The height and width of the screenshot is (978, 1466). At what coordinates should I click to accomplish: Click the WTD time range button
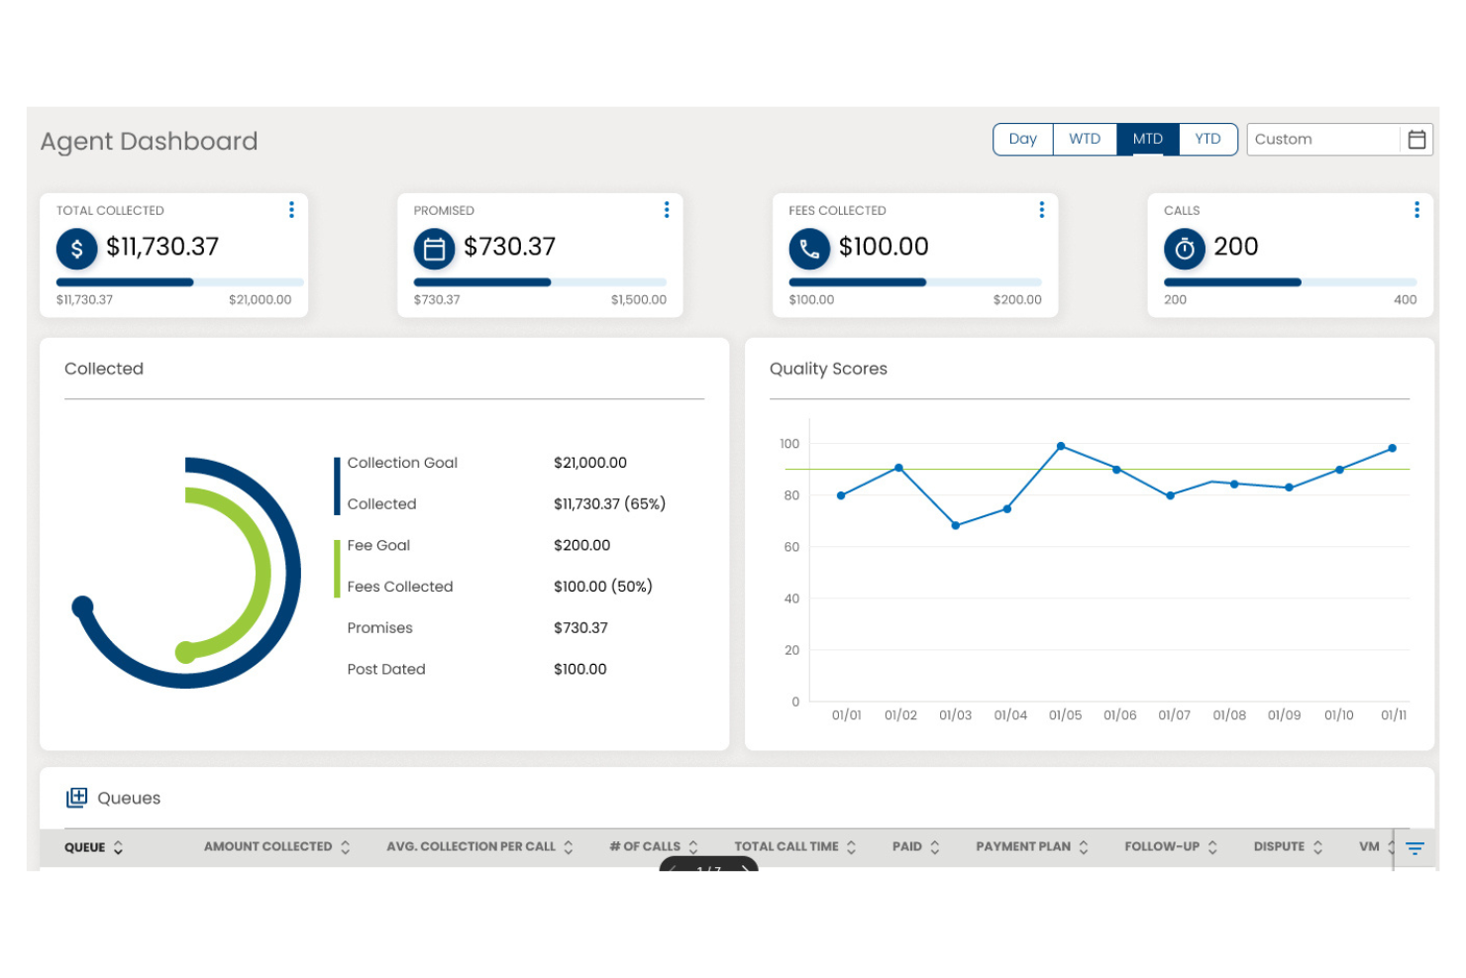tap(1085, 140)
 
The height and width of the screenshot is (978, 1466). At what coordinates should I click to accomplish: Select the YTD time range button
tap(1207, 140)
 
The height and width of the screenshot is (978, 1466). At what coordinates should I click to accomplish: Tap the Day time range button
tap(1022, 140)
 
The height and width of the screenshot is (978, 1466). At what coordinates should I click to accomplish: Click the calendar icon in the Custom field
tap(1416, 140)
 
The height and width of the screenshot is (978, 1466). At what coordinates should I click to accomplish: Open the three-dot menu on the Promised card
tap(667, 210)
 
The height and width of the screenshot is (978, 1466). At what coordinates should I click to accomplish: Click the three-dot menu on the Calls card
tap(1416, 210)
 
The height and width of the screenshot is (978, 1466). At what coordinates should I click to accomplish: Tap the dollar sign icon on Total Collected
tap(77, 249)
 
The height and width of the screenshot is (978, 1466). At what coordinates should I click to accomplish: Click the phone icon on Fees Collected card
tap(809, 249)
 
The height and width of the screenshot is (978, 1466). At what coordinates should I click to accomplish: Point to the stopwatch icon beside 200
tap(1185, 249)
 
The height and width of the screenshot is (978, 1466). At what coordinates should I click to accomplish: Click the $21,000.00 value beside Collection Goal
tap(590, 463)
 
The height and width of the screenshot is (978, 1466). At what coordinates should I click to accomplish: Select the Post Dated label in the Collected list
tap(386, 670)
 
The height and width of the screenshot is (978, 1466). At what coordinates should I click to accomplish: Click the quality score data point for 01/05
tap(1061, 447)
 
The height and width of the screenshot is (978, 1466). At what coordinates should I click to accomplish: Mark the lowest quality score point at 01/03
tap(955, 525)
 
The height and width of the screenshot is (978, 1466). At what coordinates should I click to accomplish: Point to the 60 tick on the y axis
tap(791, 547)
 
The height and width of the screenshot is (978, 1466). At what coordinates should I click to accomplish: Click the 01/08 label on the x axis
tap(1229, 715)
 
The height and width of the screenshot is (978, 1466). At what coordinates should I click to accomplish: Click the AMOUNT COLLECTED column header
tap(268, 847)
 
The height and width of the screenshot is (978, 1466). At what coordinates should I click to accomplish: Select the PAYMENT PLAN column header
tap(1023, 847)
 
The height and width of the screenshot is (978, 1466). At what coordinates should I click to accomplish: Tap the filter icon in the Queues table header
tap(1414, 848)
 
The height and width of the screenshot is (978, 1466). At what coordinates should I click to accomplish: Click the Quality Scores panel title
tap(828, 369)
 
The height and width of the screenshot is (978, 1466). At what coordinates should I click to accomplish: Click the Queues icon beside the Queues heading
tap(76, 798)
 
